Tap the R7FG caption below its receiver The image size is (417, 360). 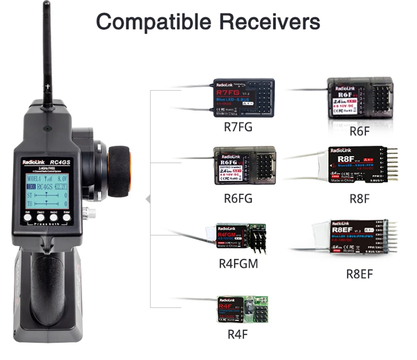coord(238,127)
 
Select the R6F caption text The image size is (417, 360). coord(359,132)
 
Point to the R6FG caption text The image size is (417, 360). coord(238,198)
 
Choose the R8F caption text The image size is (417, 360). coord(359,199)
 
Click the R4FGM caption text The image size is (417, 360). coord(238,264)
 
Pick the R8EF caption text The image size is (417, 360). coord(359,274)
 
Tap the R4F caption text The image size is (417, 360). coord(238,334)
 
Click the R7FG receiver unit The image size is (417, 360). coord(244,98)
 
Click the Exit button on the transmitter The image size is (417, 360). coord(28,217)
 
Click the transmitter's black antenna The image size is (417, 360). coord(47,54)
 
